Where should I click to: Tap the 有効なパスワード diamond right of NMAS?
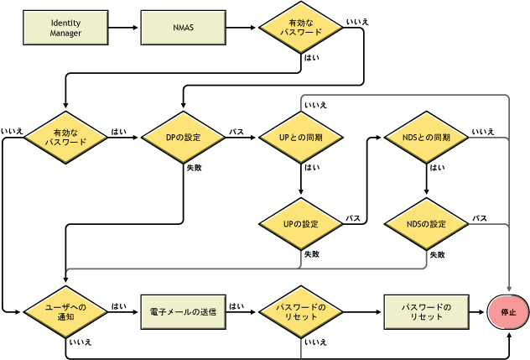tap(299, 28)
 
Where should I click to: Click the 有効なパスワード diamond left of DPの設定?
tap(65, 137)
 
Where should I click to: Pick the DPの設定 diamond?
tap(183, 137)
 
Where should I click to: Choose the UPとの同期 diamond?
tap(299, 137)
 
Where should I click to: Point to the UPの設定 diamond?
tap(299, 225)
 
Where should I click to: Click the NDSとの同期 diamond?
tap(425, 137)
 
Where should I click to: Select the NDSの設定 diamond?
tap(425, 225)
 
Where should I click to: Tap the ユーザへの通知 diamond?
tap(65, 311)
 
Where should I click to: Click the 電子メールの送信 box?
tap(183, 311)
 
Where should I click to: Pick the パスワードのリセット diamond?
tap(299, 311)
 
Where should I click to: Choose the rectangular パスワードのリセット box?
tap(425, 311)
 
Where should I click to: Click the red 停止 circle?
tap(508, 311)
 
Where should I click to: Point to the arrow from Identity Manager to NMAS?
tap(124, 28)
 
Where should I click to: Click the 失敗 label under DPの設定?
tap(194, 168)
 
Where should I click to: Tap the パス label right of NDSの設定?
tap(480, 218)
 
